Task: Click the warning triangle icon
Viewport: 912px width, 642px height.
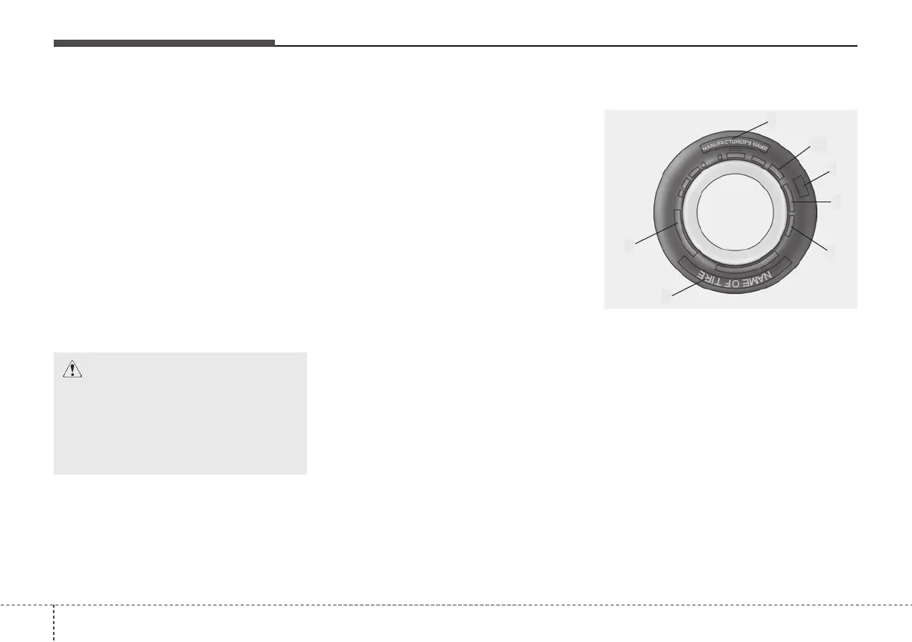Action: click(x=72, y=370)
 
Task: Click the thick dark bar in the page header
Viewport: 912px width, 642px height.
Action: click(x=164, y=43)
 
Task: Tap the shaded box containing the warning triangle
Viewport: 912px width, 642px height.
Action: click(x=180, y=413)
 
